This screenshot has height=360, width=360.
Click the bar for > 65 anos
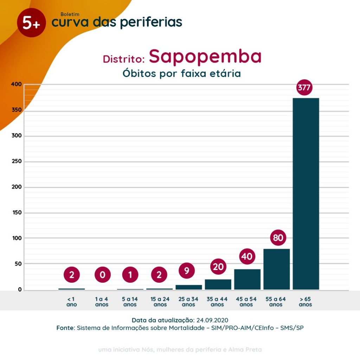coord(306,193)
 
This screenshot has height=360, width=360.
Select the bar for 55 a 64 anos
coord(276,269)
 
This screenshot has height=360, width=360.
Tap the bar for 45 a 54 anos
coord(247,279)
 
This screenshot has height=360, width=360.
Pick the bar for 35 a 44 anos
coord(218,284)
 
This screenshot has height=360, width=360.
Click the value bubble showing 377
coord(304,88)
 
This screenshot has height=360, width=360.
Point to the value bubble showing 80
coord(278,238)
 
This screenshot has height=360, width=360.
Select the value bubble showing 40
coord(247,257)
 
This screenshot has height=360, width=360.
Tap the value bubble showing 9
coord(187,270)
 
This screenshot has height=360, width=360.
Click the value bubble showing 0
coord(102,275)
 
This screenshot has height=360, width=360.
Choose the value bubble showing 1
coord(130,275)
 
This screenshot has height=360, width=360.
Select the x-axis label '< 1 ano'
coord(71,302)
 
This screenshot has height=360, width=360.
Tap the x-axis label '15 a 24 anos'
coord(160,302)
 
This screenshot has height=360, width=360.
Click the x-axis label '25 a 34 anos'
coord(189,302)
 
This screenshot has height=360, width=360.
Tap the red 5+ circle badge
coord(31,23)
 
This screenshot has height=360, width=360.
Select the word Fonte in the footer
coord(65,328)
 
